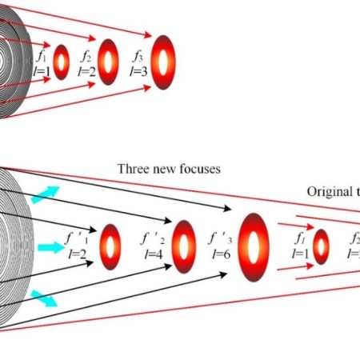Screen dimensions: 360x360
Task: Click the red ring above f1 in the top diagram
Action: click(x=62, y=61)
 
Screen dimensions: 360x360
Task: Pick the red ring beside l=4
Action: click(x=182, y=243)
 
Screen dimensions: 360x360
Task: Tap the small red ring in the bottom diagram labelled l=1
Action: click(x=321, y=246)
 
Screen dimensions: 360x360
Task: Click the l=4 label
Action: click(x=153, y=254)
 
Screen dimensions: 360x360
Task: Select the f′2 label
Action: click(x=152, y=238)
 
